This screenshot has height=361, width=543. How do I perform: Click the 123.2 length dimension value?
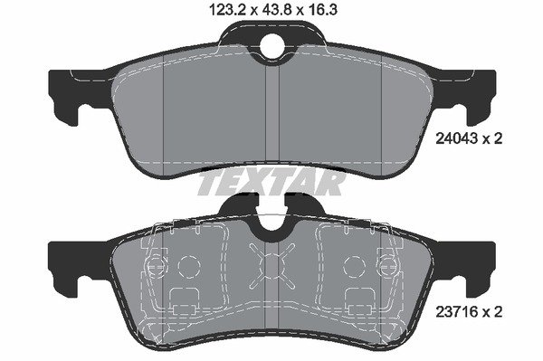point(226,10)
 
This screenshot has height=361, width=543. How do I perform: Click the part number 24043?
point(456,138)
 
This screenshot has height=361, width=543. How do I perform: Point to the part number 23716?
point(456,312)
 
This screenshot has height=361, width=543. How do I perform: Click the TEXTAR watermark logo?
point(271,184)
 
